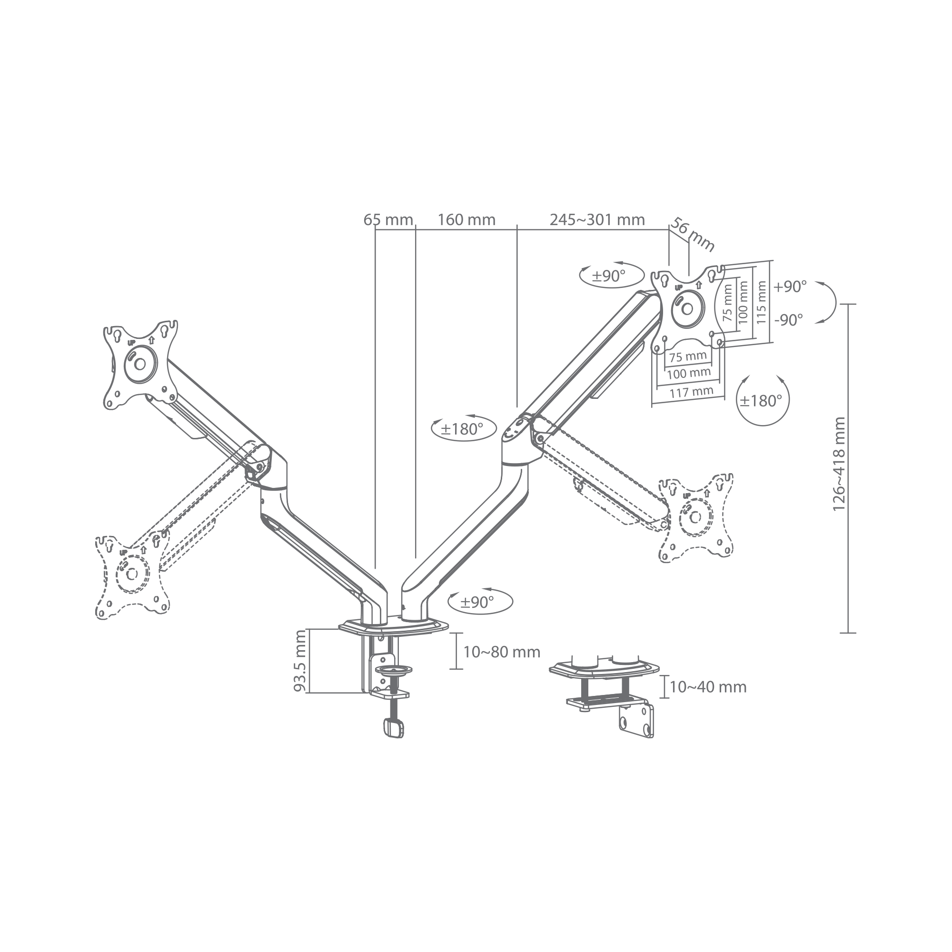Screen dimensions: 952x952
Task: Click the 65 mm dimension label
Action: pos(388,220)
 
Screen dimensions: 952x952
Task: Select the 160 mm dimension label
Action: pos(466,220)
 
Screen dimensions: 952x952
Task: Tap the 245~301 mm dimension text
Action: pos(597,220)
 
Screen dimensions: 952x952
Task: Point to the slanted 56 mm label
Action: pos(692,235)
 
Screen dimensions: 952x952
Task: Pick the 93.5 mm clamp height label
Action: pos(300,661)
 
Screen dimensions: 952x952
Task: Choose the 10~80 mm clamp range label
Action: pos(502,653)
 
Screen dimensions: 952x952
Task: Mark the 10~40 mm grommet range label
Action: pos(708,687)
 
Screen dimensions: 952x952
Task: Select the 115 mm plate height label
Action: pos(761,302)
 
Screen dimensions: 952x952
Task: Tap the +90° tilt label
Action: pos(790,287)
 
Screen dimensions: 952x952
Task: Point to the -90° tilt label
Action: pos(788,320)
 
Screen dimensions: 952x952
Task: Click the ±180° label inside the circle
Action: pos(761,401)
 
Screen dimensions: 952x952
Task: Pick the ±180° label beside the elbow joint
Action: pos(462,429)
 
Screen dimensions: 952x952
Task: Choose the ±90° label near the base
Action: pos(477,602)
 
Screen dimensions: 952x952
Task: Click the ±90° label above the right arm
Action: pos(608,276)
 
